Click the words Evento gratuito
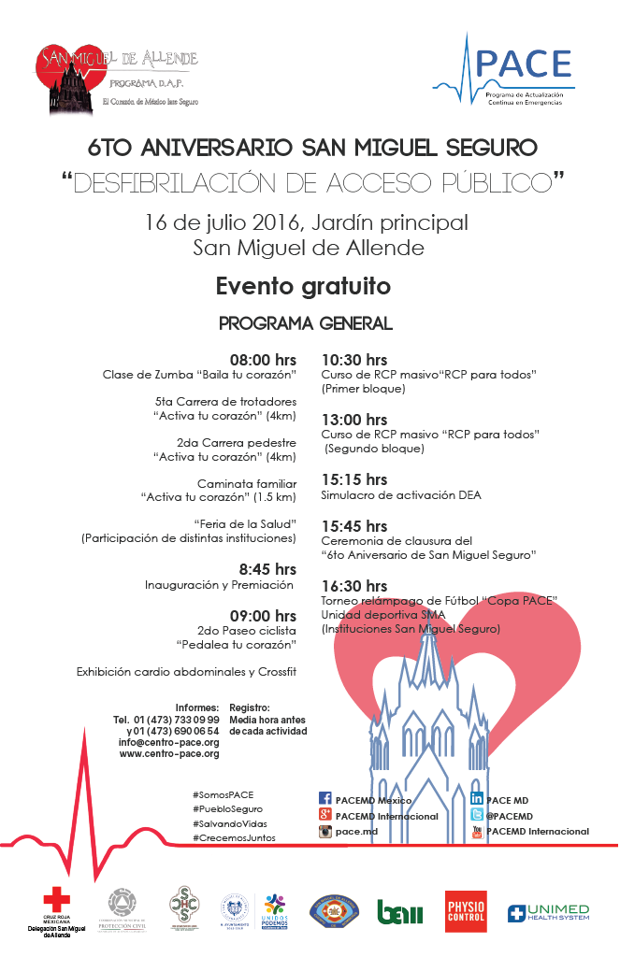[303, 285]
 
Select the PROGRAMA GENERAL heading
[305, 323]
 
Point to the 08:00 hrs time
[263, 360]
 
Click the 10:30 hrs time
[354, 360]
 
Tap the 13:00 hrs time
[354, 420]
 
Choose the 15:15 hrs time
[354, 480]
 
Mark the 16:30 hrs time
[354, 586]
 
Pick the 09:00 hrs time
[263, 616]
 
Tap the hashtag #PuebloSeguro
[226, 808]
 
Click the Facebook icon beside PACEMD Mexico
[326, 799]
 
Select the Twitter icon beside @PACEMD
[477, 815]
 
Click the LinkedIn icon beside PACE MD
[477, 799]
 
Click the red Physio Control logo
[466, 910]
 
